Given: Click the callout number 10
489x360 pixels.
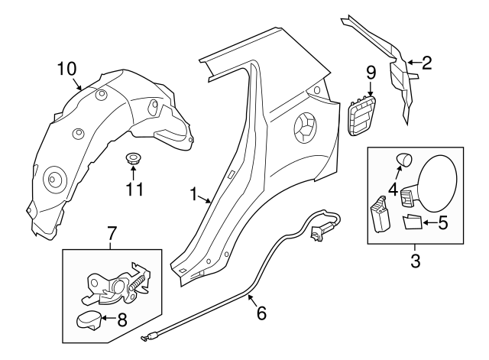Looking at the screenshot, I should coord(68,69).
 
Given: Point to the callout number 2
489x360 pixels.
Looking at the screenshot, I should coord(426,63).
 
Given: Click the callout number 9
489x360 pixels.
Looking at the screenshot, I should coord(371,74).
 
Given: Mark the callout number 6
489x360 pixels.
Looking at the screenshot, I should coord(261,312).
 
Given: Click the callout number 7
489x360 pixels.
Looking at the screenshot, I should coord(112,231).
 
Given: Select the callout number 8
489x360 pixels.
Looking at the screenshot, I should coord(122,320).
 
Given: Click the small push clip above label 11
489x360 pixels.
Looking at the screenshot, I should coord(133,160).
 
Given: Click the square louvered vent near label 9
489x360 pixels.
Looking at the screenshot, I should coord(362,116).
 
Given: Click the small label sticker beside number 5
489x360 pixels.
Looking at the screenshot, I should coord(413,222).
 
